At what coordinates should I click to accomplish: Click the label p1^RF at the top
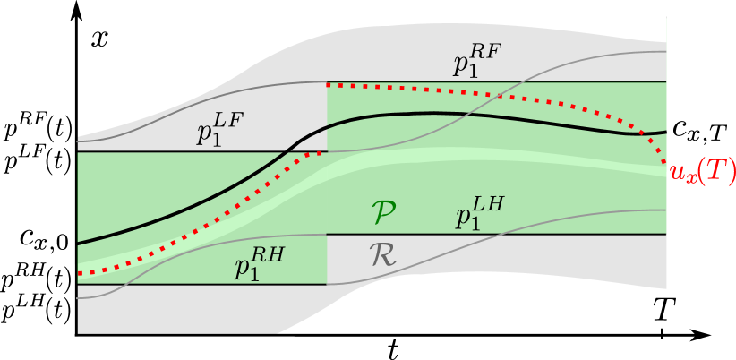pos(475,61)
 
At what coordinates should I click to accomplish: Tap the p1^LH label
pos(478,216)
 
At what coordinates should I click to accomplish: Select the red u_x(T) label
pos(702,172)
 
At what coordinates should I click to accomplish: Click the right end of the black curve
pos(665,133)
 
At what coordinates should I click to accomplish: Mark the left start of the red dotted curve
pos(80,273)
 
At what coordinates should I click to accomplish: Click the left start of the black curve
pos(79,243)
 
